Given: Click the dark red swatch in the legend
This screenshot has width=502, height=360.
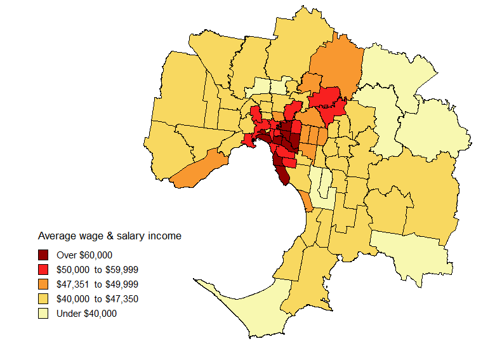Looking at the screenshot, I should click(43, 255).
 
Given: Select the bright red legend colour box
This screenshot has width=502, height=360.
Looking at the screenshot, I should click(43, 270).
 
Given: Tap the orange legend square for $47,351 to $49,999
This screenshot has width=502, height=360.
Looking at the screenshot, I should click(43, 284).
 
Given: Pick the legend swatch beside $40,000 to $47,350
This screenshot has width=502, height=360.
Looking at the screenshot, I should click(43, 299).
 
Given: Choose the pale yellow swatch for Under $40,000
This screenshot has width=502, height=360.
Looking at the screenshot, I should click(43, 314).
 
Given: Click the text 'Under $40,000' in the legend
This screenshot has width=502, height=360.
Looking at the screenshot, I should click(86, 314).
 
